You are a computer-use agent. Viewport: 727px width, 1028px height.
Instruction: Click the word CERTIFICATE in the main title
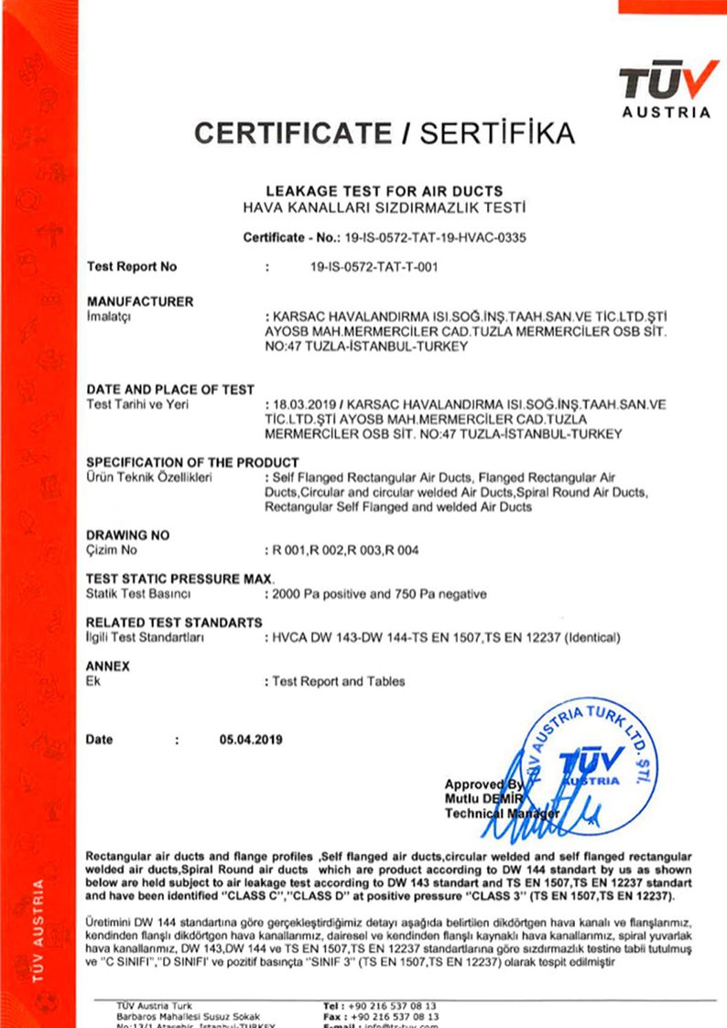click(x=293, y=134)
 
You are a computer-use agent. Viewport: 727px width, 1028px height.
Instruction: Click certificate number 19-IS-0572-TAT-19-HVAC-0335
click(x=436, y=238)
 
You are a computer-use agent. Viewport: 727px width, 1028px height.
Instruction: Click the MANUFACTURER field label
click(x=140, y=301)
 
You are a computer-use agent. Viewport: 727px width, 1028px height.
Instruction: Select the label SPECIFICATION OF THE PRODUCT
click(x=192, y=461)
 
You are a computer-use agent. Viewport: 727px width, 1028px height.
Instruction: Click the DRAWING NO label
click(x=127, y=535)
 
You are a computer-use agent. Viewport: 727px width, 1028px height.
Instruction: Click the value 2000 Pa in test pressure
click(x=294, y=594)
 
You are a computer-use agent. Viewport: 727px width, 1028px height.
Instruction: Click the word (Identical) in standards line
click(x=591, y=637)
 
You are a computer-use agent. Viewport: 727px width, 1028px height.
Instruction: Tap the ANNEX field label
click(x=108, y=666)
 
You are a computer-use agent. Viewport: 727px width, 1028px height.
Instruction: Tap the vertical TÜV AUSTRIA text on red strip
click(x=38, y=927)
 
